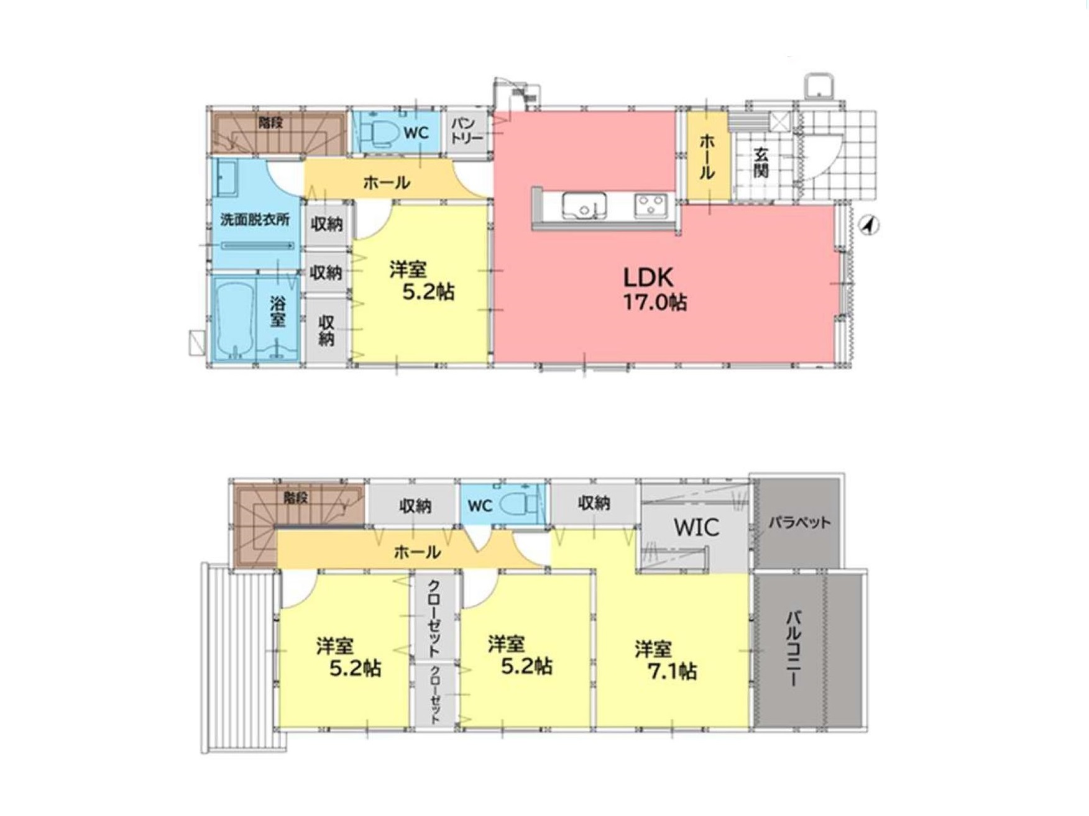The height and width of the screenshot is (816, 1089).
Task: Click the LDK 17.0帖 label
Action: (655, 288)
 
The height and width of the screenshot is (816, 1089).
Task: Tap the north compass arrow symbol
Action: (870, 225)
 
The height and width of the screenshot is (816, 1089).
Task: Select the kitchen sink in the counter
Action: (585, 206)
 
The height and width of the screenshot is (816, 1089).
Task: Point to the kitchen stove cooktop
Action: (651, 206)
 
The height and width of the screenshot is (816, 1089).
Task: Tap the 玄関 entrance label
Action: (762, 163)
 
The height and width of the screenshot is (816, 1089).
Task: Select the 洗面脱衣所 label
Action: (255, 220)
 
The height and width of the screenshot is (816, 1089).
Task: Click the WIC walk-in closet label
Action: (697, 527)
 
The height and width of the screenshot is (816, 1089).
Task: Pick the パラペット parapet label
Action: (799, 523)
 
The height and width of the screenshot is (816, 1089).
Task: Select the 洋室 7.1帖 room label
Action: (665, 660)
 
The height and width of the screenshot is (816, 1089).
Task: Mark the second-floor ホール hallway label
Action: (417, 551)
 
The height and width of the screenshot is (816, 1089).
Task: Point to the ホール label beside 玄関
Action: (707, 157)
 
